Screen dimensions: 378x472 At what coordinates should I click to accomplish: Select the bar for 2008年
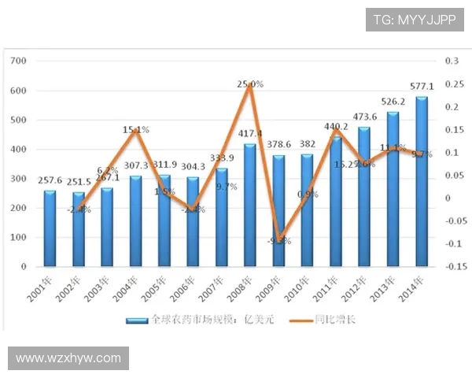tap(250, 206)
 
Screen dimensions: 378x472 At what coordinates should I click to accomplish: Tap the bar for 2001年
tap(50, 228)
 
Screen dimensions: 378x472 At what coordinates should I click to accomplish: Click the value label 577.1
tap(422, 87)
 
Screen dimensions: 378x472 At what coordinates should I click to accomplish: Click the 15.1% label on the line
tap(136, 130)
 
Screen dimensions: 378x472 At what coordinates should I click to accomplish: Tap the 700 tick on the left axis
tap(20, 61)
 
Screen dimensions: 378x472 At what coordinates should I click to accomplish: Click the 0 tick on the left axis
tap(24, 266)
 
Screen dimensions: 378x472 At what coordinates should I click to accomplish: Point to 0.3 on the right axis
tap(452, 61)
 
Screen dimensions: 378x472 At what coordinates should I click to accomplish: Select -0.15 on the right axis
tap(454, 266)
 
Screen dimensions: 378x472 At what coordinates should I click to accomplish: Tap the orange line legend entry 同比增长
tap(331, 321)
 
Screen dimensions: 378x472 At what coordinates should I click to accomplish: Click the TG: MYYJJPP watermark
tap(414, 20)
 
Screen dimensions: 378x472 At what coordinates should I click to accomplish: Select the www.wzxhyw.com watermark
tap(68, 358)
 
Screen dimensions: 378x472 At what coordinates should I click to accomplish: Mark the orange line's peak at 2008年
tap(250, 84)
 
